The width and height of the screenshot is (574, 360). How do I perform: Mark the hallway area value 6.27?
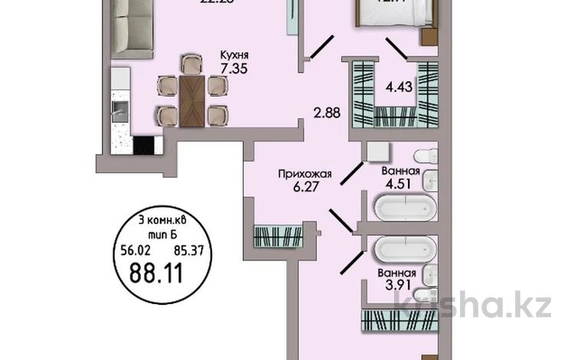pyautogui.click(x=299, y=187)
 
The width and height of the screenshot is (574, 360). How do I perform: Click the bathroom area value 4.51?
pyautogui.click(x=398, y=184)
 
